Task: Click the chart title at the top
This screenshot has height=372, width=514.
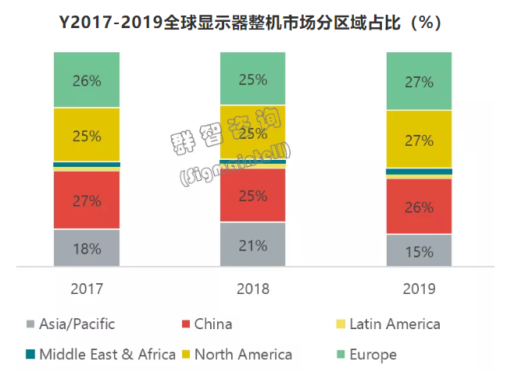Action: point(256,22)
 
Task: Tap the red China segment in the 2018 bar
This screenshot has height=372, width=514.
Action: point(253,195)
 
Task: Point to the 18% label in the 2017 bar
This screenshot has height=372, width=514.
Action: point(87,250)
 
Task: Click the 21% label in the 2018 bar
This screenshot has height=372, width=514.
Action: point(253,245)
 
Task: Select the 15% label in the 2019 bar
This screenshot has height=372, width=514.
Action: point(419,252)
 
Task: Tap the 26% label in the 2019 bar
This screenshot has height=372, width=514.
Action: point(419,207)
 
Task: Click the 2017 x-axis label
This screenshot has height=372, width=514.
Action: point(87,289)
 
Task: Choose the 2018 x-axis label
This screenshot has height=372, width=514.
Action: point(253,289)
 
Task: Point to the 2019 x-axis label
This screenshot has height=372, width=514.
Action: point(419,289)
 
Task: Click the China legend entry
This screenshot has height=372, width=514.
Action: point(213,324)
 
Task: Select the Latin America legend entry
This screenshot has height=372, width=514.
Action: point(394,324)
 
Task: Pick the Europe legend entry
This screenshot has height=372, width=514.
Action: point(373,355)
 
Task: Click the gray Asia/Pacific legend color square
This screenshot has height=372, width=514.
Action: point(30,324)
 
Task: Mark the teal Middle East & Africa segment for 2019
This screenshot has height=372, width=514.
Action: point(419,172)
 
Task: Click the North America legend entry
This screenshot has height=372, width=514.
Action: point(243,355)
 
